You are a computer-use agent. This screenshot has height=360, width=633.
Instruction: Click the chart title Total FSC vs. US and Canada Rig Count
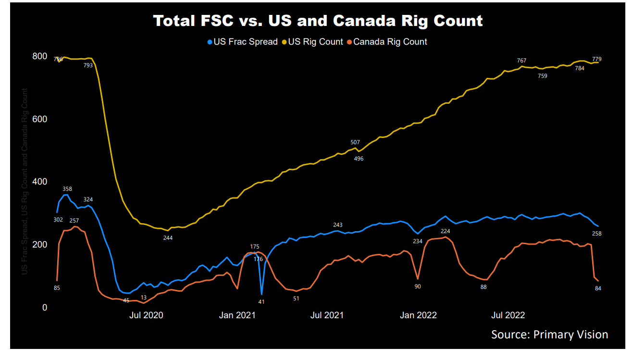click(x=318, y=21)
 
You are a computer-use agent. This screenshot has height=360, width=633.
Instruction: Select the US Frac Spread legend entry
click(x=242, y=42)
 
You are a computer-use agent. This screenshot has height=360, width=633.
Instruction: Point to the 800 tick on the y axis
click(x=39, y=56)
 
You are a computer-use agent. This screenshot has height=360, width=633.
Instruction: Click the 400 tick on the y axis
click(x=39, y=182)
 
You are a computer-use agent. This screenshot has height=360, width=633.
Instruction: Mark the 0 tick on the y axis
click(x=44, y=307)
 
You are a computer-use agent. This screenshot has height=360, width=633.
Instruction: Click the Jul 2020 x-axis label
click(x=146, y=315)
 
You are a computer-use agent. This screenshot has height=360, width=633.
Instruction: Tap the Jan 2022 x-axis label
click(x=419, y=315)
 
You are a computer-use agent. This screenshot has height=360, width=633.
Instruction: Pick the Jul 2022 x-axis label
click(x=508, y=315)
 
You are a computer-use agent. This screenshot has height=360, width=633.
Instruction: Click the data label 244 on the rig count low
click(x=167, y=237)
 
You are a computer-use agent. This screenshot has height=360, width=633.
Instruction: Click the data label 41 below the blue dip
click(x=261, y=302)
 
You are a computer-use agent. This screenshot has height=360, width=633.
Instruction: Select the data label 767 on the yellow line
click(x=521, y=61)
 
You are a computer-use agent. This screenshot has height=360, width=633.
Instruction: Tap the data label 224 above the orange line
click(x=445, y=231)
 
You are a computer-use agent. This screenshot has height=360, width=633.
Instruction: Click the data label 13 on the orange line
click(x=143, y=298)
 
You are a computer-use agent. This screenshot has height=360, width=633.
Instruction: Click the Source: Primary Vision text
click(x=549, y=335)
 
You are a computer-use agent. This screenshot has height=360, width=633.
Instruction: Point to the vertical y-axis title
click(x=24, y=182)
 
